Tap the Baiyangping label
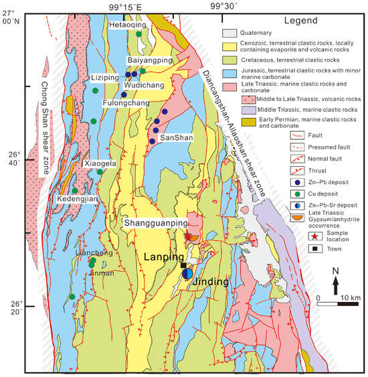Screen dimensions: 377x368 [x=149, y=60]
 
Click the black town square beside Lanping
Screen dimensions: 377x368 [x=183, y=266]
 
